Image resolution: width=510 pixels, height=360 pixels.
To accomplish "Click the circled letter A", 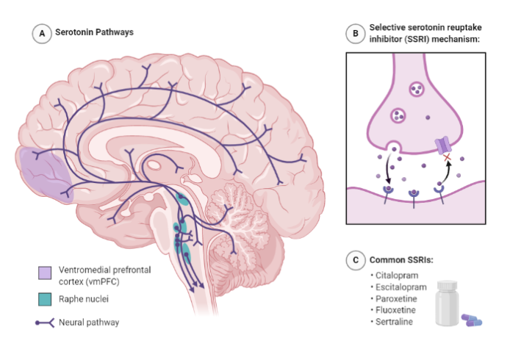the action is click(42, 34).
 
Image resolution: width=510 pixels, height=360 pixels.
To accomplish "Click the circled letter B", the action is click(356, 33).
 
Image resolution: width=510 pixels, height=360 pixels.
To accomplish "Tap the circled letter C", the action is click(356, 260).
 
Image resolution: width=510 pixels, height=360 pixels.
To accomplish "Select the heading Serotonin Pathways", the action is click(94, 32).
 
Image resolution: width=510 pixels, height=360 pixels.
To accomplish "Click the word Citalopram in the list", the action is click(397, 276).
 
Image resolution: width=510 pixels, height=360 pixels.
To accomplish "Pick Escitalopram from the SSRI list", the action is click(401, 287).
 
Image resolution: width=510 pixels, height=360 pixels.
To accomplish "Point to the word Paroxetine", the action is click(396, 298).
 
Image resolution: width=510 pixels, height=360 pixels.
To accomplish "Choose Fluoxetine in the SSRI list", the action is click(395, 310).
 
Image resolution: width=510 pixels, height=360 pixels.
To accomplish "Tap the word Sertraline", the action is click(394, 322).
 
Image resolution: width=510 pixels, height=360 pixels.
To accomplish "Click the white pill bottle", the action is click(448, 303).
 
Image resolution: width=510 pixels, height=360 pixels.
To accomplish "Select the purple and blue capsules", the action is click(472, 320).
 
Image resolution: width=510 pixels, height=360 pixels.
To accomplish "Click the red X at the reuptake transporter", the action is click(448, 158).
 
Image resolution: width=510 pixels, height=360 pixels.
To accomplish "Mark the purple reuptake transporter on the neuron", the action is click(442, 145).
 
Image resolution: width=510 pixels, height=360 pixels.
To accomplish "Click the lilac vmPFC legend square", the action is click(45, 273).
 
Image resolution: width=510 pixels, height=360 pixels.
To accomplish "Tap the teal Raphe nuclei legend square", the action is click(45, 299).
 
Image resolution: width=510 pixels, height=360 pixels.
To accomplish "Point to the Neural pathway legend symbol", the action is click(45, 323).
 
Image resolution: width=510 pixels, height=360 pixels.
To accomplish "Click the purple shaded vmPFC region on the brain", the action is click(45, 175).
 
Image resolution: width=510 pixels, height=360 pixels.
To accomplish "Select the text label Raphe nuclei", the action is click(84, 299).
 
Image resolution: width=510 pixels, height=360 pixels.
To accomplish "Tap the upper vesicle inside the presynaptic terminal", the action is click(417, 89).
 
